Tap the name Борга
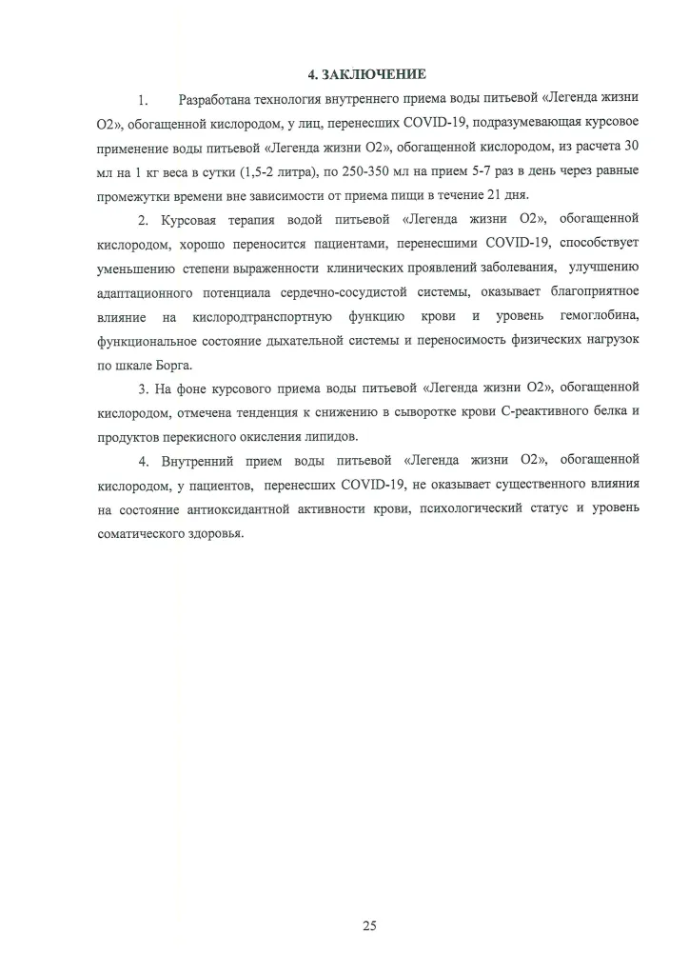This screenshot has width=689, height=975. pyautogui.click(x=173, y=365)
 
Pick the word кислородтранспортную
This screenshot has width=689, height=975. pyautogui.click(x=267, y=316)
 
